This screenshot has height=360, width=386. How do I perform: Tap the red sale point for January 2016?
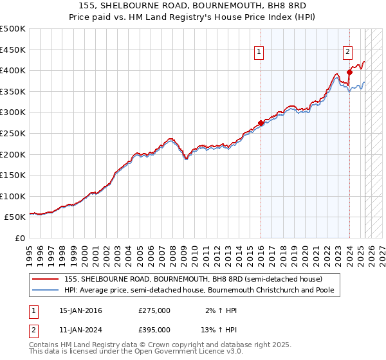[261, 123]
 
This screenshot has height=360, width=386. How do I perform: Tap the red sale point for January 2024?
[349, 72]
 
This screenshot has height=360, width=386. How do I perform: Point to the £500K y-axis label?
[13, 29]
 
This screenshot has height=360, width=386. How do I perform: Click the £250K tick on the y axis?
[13, 133]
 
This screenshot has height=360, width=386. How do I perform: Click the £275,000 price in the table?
[154, 310]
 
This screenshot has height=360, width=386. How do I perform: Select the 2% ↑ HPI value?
[221, 310]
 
